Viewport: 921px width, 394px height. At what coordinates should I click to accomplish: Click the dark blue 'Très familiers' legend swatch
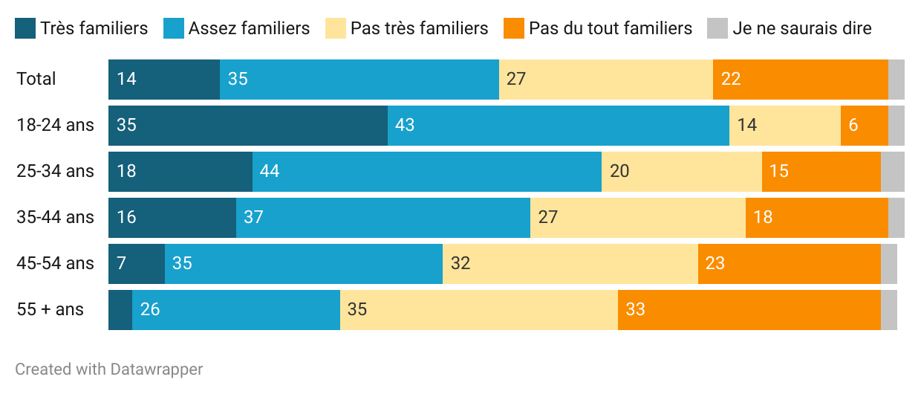coord(25,28)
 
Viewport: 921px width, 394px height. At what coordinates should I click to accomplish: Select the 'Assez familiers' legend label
coord(249,28)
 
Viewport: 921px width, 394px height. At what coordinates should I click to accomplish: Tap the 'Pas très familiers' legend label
coord(419,28)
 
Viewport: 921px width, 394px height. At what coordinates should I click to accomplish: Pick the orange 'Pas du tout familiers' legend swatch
coord(514,28)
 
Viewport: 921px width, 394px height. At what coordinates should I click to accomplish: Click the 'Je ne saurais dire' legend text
coord(801,28)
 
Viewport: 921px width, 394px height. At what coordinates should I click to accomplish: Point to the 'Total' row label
coord(36,79)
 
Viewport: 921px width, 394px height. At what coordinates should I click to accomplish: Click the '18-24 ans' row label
coord(56,125)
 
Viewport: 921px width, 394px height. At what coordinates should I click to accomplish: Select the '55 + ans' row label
coord(51,309)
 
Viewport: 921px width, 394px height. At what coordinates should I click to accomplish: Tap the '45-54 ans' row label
coord(56,263)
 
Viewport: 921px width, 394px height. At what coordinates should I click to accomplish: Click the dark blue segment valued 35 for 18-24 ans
coord(248,125)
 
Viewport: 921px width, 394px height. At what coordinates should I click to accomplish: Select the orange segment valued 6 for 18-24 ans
coord(864,125)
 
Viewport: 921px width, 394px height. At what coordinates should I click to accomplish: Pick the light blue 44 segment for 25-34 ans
coord(427,171)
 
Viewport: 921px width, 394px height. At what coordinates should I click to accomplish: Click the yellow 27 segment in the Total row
coord(605,79)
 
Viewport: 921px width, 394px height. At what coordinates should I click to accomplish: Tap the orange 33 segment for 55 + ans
coord(749,309)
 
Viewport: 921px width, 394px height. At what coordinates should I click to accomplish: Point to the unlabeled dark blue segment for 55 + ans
coord(120,309)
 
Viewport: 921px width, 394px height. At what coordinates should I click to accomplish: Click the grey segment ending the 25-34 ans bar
coord(892,171)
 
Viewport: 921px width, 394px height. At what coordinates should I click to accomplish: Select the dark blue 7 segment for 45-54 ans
coord(137,263)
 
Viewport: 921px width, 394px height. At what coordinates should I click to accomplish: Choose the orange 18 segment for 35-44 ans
coord(816,217)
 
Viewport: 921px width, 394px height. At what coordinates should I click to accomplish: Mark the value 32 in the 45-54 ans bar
coord(461,263)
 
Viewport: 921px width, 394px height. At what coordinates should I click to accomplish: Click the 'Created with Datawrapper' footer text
coord(109,369)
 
